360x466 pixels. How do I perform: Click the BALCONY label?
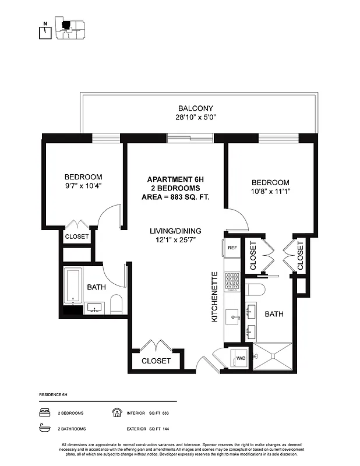196,108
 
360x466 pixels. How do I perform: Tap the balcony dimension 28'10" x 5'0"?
196,117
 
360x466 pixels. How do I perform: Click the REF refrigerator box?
232,248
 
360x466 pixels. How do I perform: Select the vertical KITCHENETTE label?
214,297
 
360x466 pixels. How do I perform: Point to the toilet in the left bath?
116,303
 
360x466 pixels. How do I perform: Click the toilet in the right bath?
256,290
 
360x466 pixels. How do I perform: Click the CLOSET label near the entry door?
156,361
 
